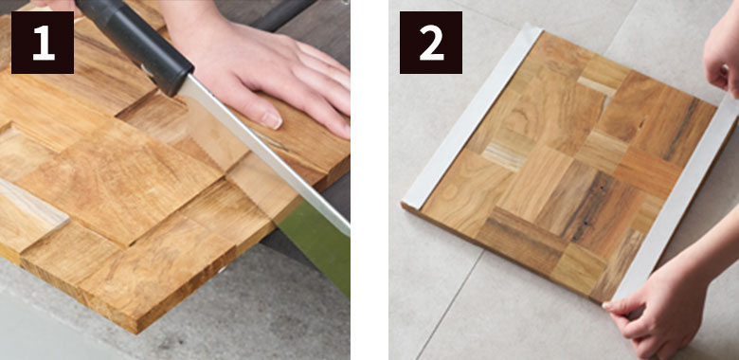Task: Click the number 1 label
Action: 43,43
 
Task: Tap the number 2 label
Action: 431,43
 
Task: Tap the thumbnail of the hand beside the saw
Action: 272,119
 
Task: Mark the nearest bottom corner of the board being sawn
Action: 136,332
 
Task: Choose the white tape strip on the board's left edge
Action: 472,117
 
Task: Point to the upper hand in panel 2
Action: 722,52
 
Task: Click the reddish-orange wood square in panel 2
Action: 647,173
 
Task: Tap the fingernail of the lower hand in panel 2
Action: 607,305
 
